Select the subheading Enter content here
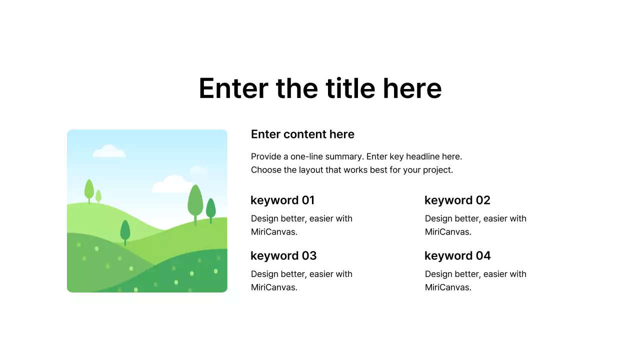[x=302, y=134]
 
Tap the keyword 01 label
[x=282, y=200]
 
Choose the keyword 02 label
[x=457, y=200]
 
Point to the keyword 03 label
[x=283, y=256]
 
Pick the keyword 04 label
[x=457, y=256]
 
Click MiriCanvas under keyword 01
[x=274, y=232]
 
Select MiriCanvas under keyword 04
[x=448, y=287]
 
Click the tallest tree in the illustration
[x=195, y=201]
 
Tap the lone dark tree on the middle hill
[x=125, y=230]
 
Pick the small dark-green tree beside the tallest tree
[x=210, y=208]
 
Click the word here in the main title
[x=412, y=88]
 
